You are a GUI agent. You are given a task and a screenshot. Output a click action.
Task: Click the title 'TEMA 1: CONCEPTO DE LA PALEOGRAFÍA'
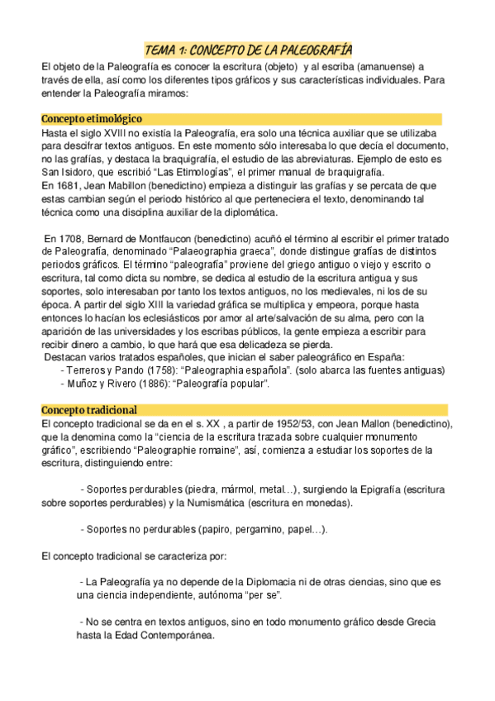tap(248, 49)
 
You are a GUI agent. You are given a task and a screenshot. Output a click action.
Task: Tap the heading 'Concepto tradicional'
tap(89, 410)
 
